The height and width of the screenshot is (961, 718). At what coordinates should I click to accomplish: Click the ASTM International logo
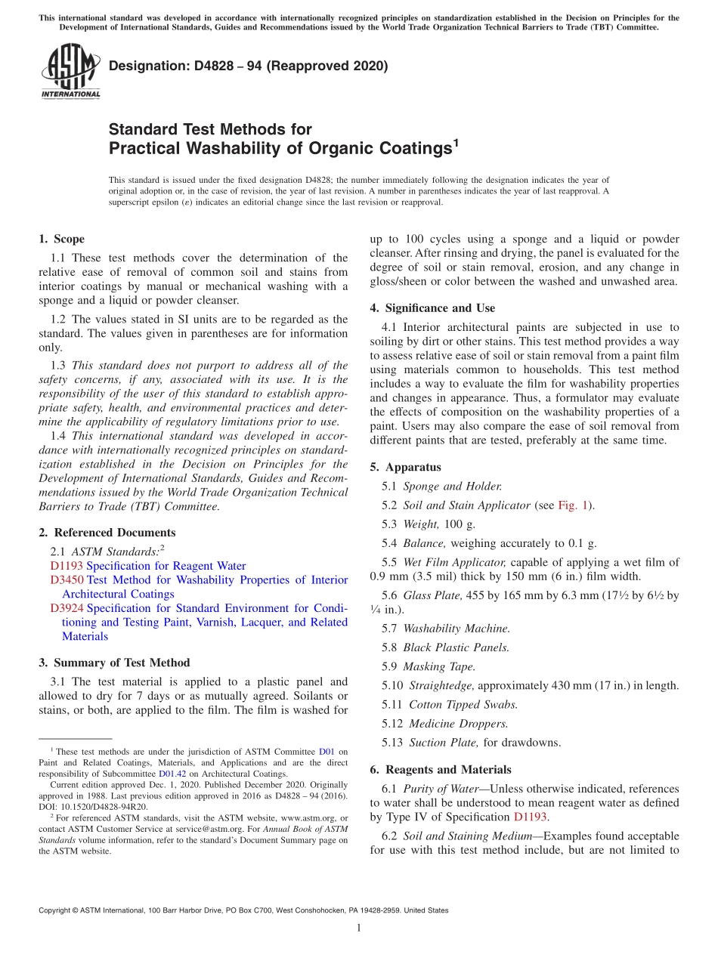coord(70,71)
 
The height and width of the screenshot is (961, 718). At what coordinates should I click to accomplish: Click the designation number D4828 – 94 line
coord(248,66)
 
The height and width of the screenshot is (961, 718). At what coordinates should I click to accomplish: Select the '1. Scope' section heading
coord(61,239)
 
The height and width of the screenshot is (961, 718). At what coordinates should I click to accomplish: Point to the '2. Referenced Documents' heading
coord(107,533)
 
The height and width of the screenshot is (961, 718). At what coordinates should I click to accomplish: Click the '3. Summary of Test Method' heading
coord(114,663)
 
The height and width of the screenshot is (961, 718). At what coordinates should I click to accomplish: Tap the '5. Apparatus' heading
coord(405,467)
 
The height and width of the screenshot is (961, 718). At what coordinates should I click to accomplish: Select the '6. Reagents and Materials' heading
coord(441,769)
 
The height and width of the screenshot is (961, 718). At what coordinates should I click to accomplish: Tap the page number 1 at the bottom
coord(359,929)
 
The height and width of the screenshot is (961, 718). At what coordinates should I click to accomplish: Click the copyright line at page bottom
coord(243,910)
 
